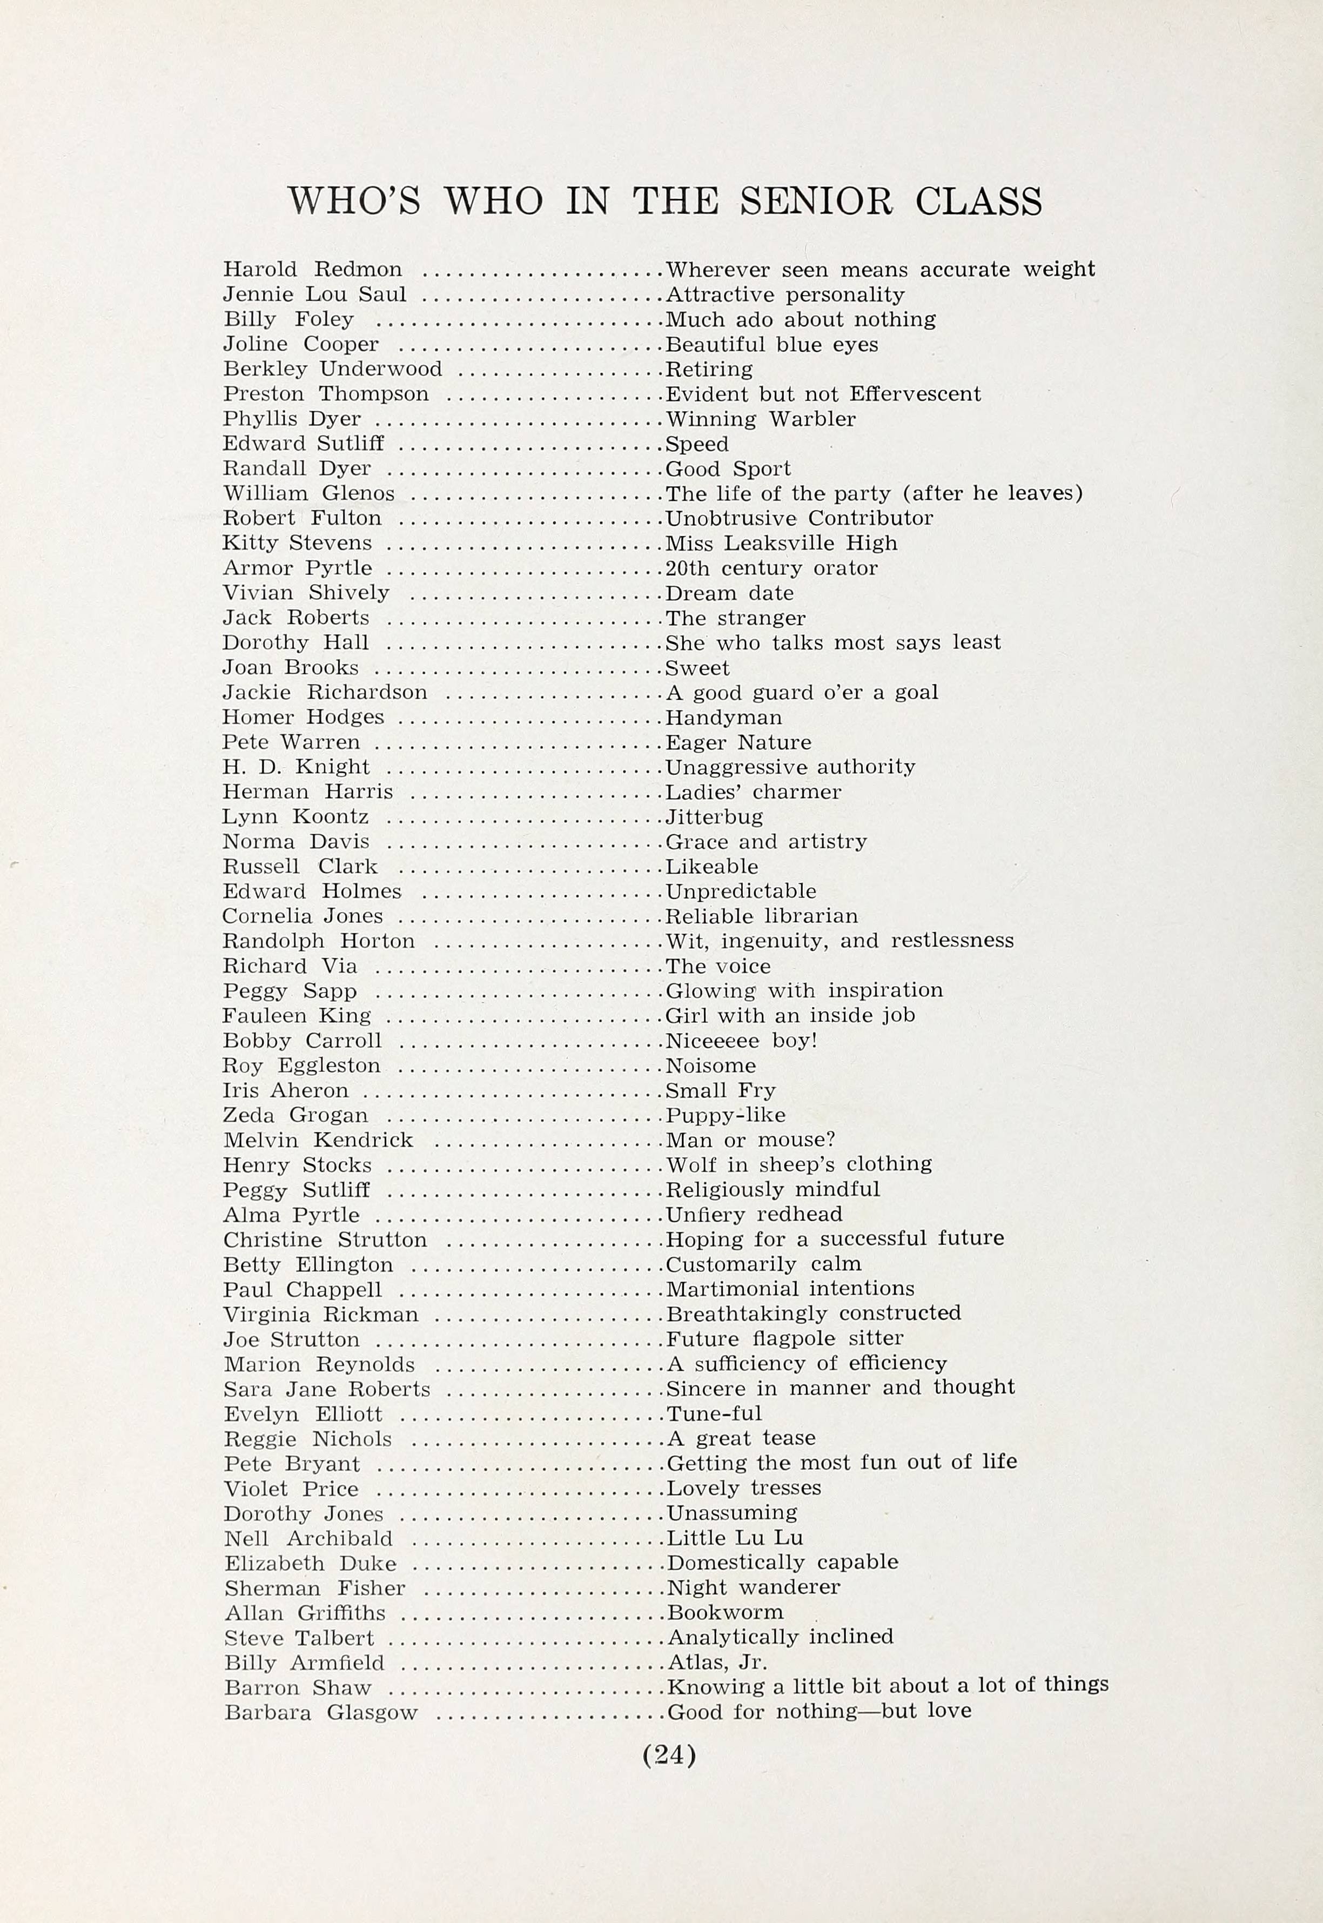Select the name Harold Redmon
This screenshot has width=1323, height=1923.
(312, 270)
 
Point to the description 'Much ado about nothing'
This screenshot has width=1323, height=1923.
(801, 319)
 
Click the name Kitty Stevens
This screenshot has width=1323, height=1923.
(297, 543)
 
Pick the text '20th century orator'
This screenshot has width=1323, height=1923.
(771, 568)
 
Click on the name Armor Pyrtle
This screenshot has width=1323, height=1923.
(297, 568)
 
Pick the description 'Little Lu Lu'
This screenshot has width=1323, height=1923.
(735, 1538)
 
